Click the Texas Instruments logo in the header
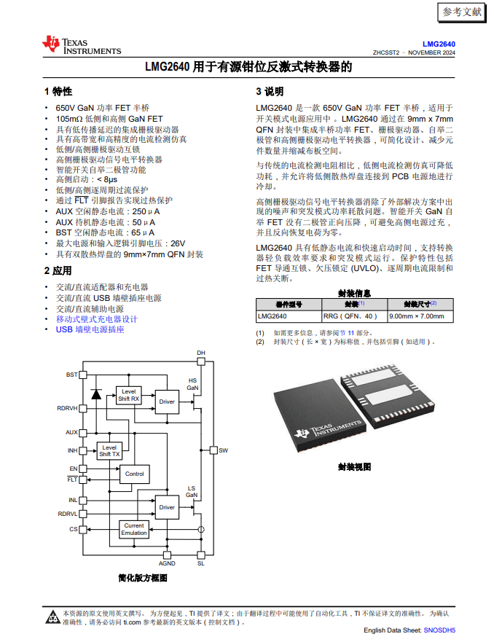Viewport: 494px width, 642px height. click(x=81, y=45)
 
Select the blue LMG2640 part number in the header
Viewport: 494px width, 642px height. click(x=439, y=44)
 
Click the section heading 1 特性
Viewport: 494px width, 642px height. click(x=58, y=92)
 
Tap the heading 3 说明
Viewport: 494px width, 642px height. click(x=270, y=92)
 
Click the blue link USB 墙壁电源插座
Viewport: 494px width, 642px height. click(x=90, y=329)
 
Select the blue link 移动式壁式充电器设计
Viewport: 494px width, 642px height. click(x=97, y=319)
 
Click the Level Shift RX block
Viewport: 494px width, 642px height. click(x=128, y=396)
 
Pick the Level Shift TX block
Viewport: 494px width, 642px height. click(x=109, y=450)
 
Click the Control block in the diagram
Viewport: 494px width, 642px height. click(x=134, y=474)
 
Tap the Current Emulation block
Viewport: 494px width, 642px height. click(x=134, y=529)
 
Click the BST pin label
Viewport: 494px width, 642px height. click(x=71, y=375)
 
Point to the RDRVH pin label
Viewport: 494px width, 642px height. click(x=67, y=408)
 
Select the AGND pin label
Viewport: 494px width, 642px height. click(x=167, y=563)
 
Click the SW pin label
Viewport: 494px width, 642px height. click(x=223, y=450)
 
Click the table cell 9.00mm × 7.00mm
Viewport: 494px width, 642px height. click(x=416, y=316)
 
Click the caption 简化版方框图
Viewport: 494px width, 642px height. click(x=143, y=578)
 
